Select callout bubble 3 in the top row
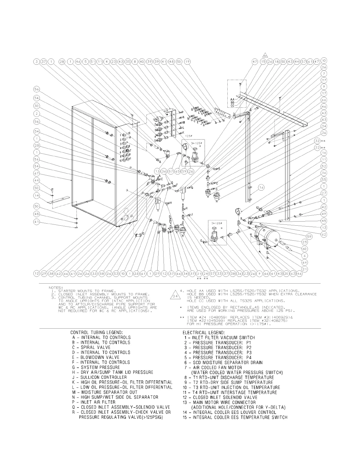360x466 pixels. (x=37, y=61)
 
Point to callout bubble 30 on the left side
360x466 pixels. (x=37, y=106)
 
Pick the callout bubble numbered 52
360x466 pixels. (x=324, y=166)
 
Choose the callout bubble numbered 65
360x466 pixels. (x=177, y=171)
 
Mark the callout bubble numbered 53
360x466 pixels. (x=116, y=274)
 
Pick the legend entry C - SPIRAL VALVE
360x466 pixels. (x=91, y=347)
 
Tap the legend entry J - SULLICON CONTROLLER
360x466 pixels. (x=99, y=377)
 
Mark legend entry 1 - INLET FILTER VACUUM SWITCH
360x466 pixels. (x=219, y=337)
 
